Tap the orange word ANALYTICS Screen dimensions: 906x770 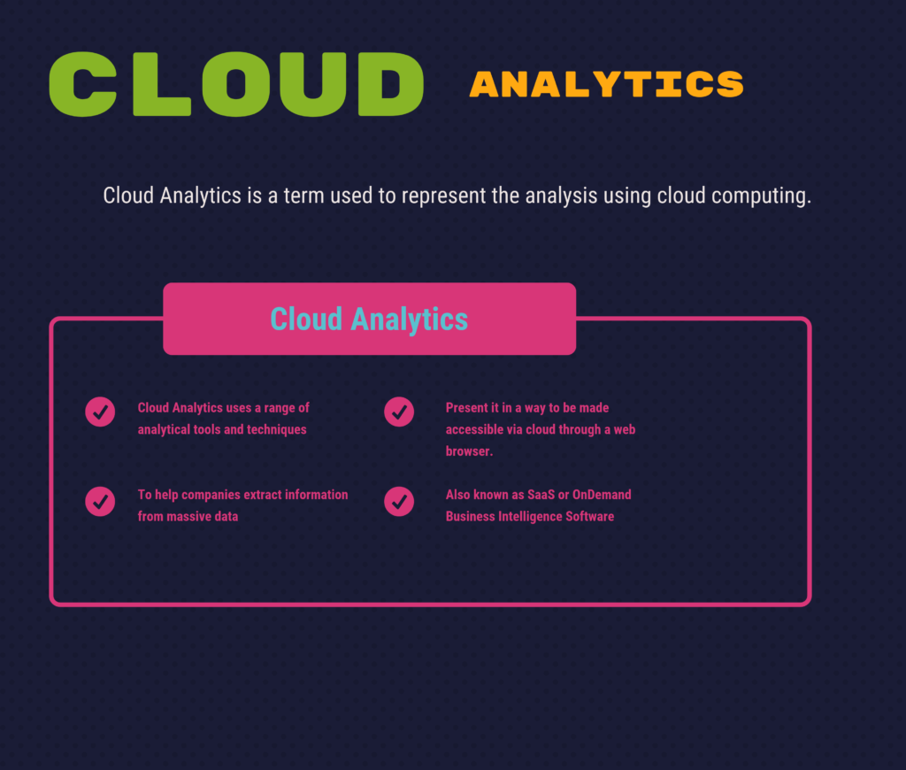pyautogui.click(x=607, y=84)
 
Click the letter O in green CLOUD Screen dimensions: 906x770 pyautogui.click(x=235, y=84)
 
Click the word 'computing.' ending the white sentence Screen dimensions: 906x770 pyautogui.click(x=761, y=196)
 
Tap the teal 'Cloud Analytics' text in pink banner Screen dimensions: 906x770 pyautogui.click(x=369, y=320)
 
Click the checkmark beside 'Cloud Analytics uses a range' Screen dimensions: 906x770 pyautogui.click(x=100, y=412)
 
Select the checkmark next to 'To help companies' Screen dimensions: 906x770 pyautogui.click(x=100, y=501)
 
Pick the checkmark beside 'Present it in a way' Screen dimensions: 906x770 pyautogui.click(x=399, y=412)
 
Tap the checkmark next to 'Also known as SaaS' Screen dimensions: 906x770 pyautogui.click(x=399, y=501)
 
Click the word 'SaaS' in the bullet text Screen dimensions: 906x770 pyautogui.click(x=541, y=495)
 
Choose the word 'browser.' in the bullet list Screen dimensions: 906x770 pyautogui.click(x=469, y=450)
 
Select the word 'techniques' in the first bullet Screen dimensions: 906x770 pyautogui.click(x=277, y=430)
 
